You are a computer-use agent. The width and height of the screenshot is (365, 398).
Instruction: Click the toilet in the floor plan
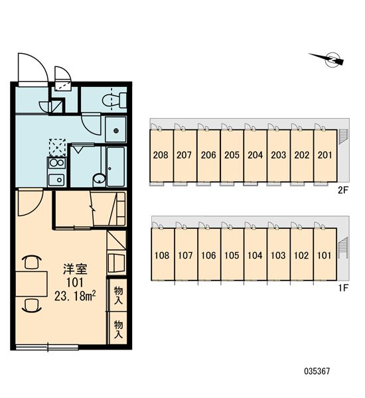point(114,99)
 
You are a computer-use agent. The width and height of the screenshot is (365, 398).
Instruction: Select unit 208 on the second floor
point(161,156)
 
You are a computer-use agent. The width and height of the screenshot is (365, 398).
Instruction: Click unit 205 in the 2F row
point(232,156)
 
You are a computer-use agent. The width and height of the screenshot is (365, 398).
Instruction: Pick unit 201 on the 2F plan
point(325,156)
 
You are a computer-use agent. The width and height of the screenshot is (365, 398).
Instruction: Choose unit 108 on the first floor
point(163,254)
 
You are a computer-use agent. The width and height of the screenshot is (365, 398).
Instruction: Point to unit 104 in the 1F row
point(255,254)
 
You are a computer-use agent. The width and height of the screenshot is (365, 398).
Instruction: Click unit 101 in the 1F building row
point(325,254)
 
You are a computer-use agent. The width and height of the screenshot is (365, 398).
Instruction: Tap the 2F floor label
point(343,190)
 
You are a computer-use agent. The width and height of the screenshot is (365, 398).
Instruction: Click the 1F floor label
point(343,288)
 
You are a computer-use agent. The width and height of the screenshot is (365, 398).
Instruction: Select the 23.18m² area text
point(75,296)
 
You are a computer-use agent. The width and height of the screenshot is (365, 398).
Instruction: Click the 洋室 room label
point(75,269)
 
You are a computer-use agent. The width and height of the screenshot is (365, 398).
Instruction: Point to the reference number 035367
point(317,371)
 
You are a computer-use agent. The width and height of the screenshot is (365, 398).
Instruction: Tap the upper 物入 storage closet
point(117,295)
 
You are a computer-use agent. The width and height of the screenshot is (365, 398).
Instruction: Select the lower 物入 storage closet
point(117,328)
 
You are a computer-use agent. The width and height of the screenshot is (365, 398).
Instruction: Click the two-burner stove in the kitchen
point(56,163)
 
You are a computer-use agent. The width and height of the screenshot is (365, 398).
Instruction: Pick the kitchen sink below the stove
point(56,180)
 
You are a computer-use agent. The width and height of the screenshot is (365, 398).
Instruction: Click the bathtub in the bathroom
point(116,166)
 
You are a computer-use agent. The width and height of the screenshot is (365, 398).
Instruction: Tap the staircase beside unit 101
point(343,247)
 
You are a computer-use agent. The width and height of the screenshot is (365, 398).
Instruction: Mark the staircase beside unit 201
point(343,136)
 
